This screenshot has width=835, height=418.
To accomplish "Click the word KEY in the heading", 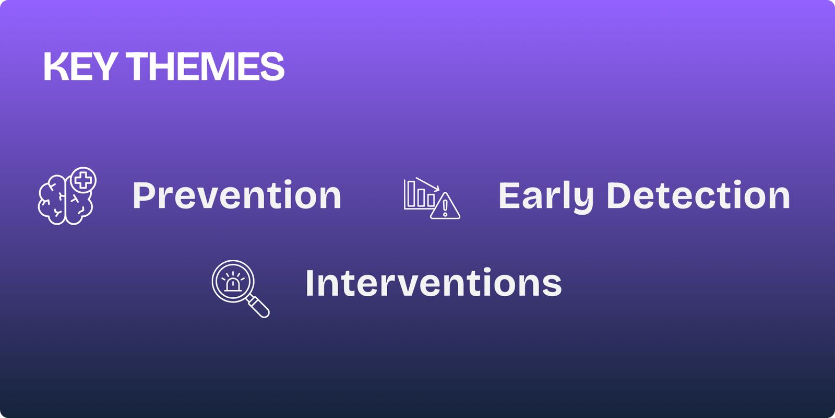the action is click(x=79, y=66).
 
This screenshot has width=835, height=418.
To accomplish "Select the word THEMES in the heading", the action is click(x=206, y=66).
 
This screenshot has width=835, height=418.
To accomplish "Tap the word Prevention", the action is click(x=237, y=195).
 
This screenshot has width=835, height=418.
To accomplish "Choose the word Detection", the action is click(x=698, y=195).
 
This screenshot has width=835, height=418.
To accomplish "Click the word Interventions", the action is click(x=434, y=283).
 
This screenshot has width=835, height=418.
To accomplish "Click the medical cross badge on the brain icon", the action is click(x=83, y=180).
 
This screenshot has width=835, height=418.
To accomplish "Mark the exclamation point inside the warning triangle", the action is click(x=445, y=207).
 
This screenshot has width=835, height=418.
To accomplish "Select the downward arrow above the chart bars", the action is click(x=427, y=184).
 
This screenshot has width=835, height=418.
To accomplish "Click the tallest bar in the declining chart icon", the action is click(x=411, y=194).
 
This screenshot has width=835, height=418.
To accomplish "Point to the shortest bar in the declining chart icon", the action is click(x=431, y=200).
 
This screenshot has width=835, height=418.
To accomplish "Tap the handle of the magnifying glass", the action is click(x=259, y=306).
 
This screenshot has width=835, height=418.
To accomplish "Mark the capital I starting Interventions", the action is click(x=309, y=283).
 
